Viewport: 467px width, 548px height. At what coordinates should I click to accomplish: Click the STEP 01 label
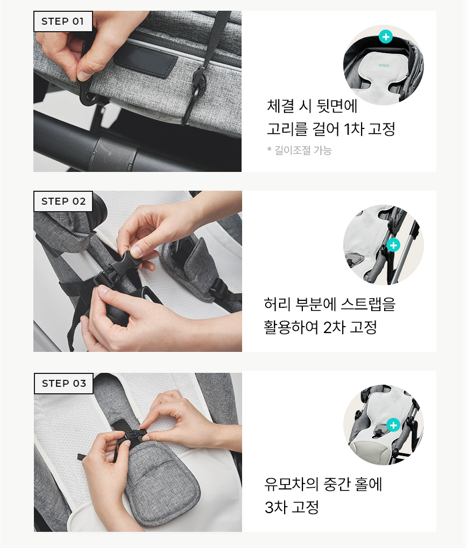(63, 21)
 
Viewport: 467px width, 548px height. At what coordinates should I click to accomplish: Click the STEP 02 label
(63, 201)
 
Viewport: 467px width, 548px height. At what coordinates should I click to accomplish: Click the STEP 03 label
(63, 383)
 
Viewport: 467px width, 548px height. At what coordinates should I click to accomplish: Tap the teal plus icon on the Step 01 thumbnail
(386, 37)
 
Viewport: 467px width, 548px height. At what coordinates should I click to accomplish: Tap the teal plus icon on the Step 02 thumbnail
(393, 245)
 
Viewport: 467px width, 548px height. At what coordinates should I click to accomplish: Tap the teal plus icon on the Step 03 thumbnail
(393, 425)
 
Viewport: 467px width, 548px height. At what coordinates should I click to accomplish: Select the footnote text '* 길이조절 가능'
(299, 150)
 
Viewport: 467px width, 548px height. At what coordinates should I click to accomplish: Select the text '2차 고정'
(350, 327)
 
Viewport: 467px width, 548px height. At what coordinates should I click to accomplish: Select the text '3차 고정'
(292, 507)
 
